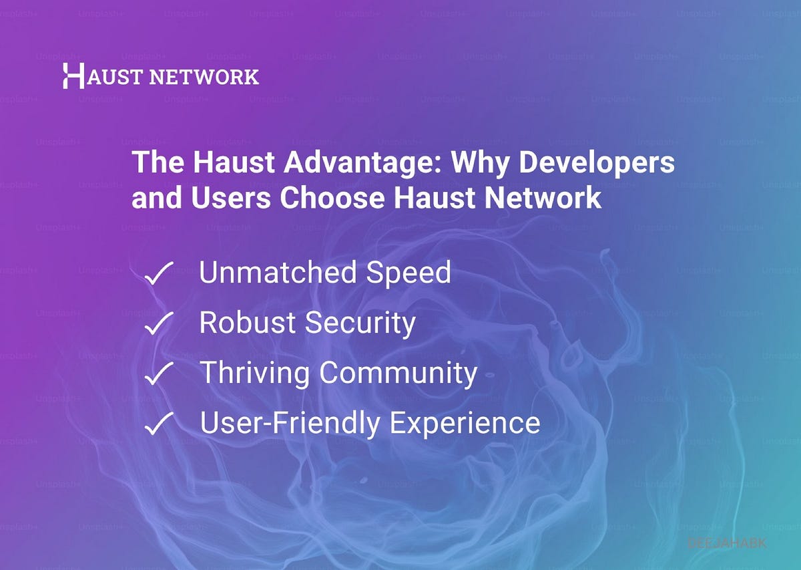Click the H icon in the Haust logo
pos(73,76)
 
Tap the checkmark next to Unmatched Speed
pos(159,274)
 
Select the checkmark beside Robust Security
pos(159,324)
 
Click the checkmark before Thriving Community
pos(159,374)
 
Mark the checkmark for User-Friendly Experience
pos(159,423)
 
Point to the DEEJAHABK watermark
pos(727,543)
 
